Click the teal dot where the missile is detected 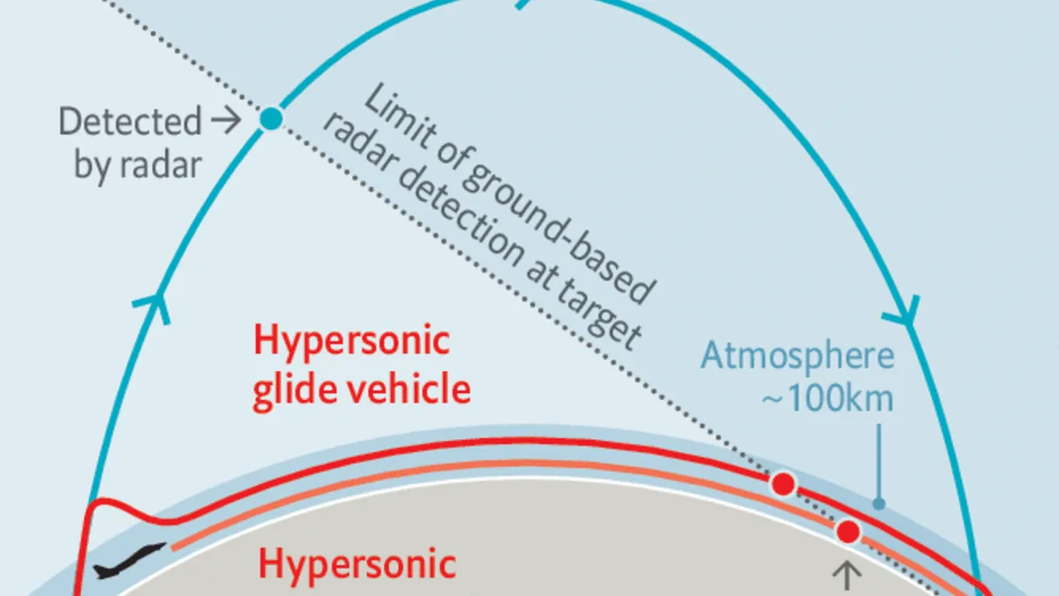[x=271, y=117]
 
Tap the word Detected [x=131, y=122]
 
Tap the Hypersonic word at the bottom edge [x=357, y=565]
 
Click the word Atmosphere [x=798, y=358]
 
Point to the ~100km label [x=827, y=398]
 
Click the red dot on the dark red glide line [x=783, y=484]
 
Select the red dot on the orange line [x=848, y=532]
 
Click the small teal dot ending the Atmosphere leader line [x=879, y=504]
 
